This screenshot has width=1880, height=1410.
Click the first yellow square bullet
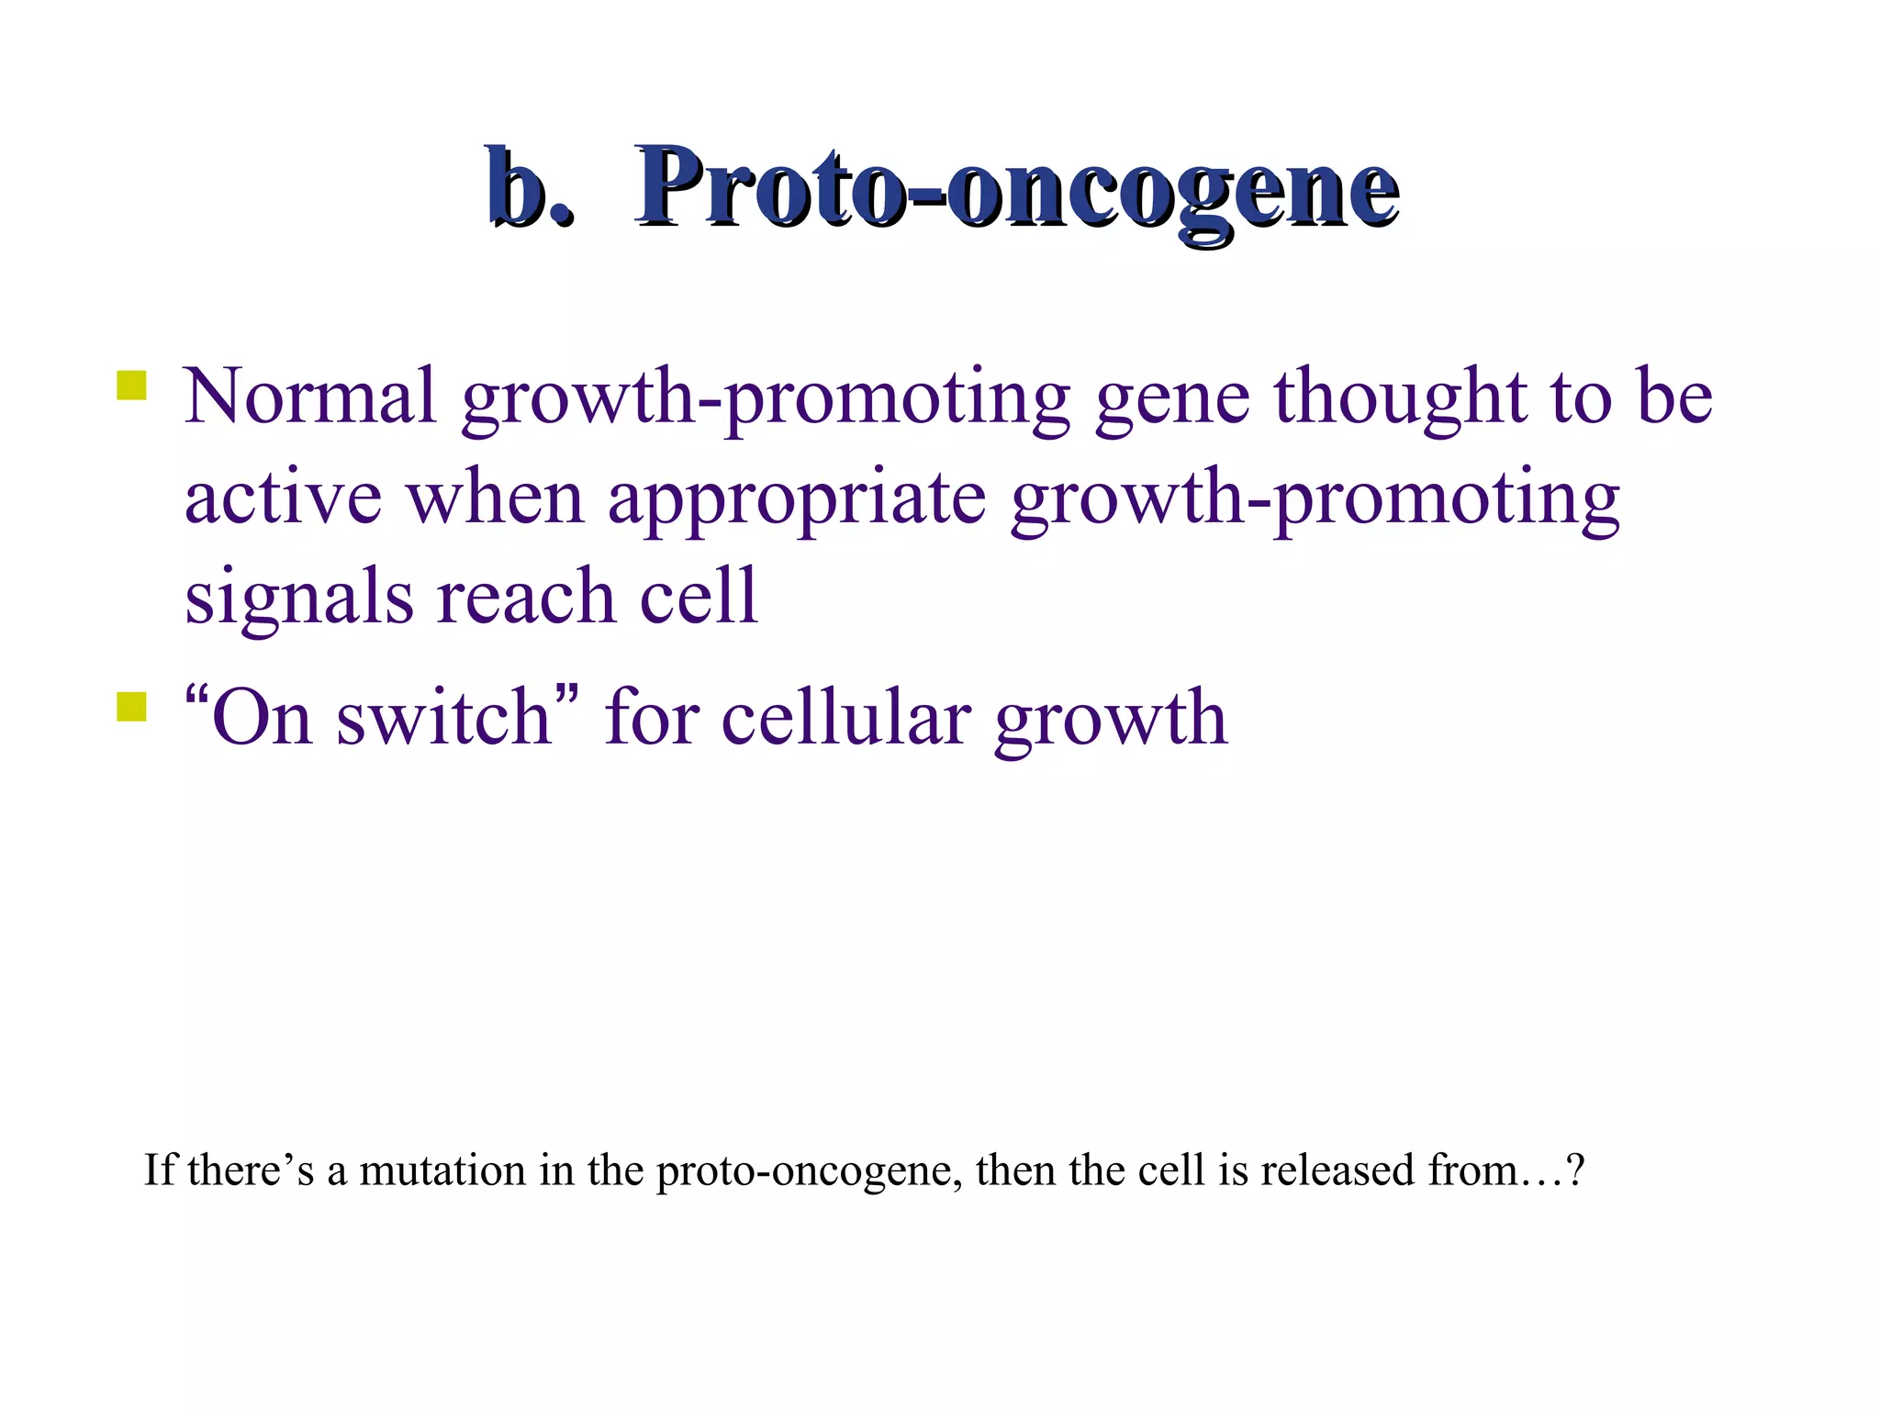pyautogui.click(x=132, y=386)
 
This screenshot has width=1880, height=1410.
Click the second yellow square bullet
pyautogui.click(x=132, y=708)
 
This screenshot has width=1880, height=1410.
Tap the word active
pyautogui.click(x=283, y=498)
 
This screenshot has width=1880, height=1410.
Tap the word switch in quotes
pyautogui.click(x=443, y=718)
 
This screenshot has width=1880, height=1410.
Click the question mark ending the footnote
pyautogui.click(x=1575, y=1171)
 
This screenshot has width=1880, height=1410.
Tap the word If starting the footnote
pyautogui.click(x=159, y=1171)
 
